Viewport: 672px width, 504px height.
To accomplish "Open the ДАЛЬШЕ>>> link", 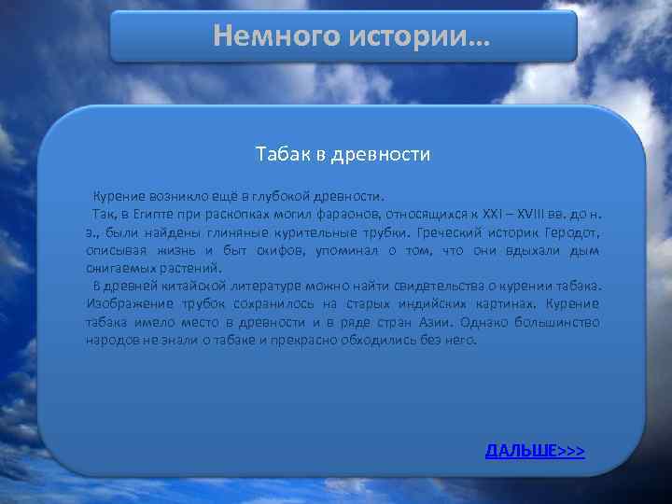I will (535, 451).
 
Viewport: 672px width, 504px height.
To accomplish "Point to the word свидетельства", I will (432, 286).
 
